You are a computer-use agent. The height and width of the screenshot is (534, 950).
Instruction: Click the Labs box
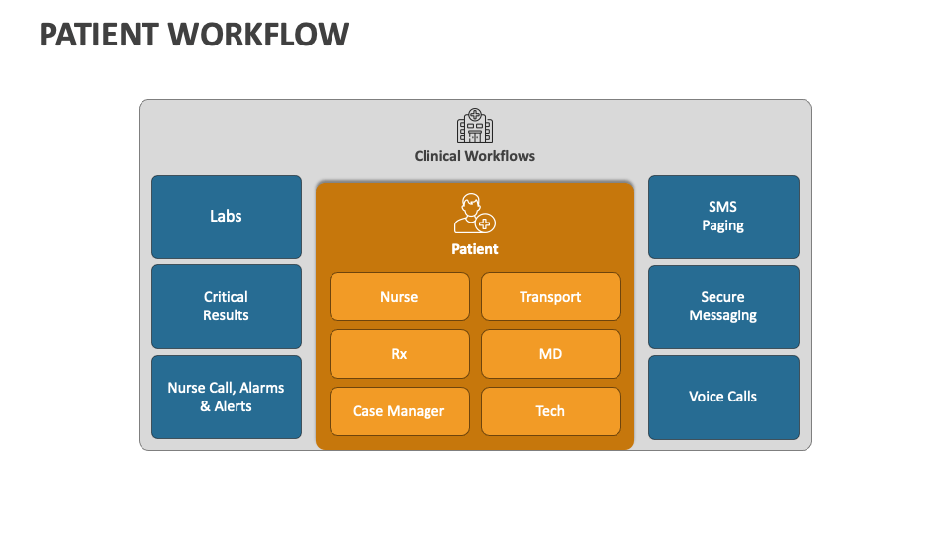pos(226,217)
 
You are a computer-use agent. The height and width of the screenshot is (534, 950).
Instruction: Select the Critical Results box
pos(226,306)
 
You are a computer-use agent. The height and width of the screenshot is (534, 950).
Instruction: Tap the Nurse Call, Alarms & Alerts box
pos(226,397)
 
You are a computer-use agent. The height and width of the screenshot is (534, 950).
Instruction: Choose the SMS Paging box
pos(723,217)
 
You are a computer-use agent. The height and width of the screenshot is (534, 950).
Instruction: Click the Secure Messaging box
pos(723,306)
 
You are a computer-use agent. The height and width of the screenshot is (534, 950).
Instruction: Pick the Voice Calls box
pos(723,397)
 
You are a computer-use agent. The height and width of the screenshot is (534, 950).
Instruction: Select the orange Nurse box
pos(399,297)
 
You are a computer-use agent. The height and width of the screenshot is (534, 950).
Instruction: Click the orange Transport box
pos(550,297)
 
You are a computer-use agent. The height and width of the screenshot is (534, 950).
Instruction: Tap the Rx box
pos(399,354)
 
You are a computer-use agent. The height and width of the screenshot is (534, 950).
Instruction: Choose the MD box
pos(550,354)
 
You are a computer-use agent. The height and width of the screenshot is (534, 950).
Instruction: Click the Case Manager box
pos(399,411)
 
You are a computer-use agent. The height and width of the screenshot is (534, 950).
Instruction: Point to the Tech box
pos(550,411)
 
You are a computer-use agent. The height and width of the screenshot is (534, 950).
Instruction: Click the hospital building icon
pos(475,127)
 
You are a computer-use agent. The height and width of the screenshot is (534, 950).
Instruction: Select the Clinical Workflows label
pos(475,156)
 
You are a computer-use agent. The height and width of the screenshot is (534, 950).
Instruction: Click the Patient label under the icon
pos(475,249)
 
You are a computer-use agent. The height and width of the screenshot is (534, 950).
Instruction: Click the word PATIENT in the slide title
pos(99,35)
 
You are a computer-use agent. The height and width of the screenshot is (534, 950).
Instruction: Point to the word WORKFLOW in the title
pos(258,35)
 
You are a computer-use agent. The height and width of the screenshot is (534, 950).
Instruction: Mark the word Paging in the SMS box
pos(723,225)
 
